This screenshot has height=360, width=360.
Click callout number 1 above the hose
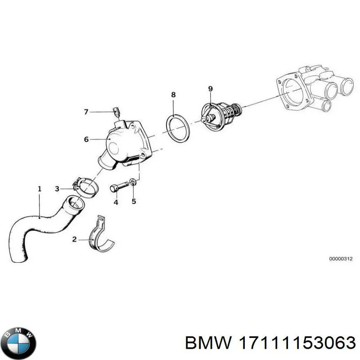click(x=39, y=189)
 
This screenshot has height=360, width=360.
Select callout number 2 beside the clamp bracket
click(x=74, y=240)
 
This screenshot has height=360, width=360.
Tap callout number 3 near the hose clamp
click(x=57, y=189)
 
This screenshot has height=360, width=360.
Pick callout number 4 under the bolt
click(x=116, y=202)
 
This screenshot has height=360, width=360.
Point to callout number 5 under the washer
click(x=134, y=201)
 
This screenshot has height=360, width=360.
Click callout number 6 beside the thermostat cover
click(x=86, y=139)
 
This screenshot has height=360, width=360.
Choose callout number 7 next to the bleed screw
click(x=86, y=112)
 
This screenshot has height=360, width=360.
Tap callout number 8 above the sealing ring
click(x=173, y=95)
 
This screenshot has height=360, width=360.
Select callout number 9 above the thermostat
click(x=210, y=88)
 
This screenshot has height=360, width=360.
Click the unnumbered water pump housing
click(x=310, y=90)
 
